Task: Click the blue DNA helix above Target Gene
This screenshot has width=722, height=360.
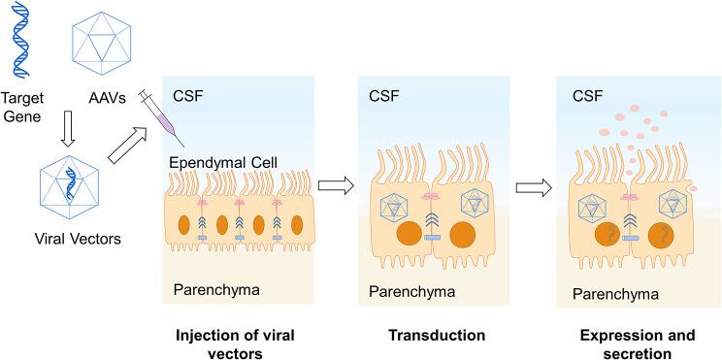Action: (20, 41)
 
